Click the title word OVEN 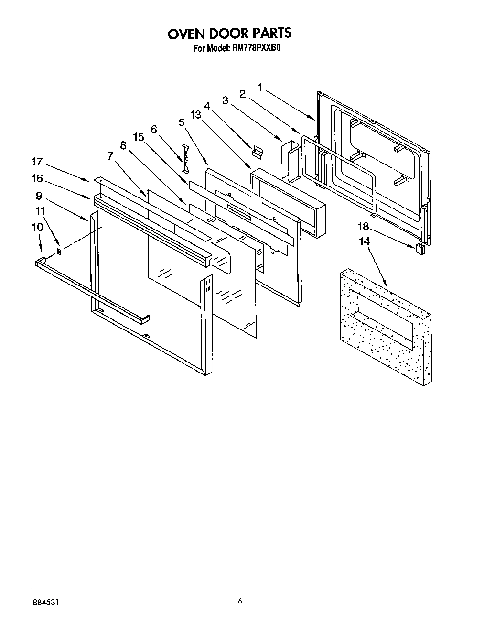click(x=187, y=33)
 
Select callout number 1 click(x=260, y=87)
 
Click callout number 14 click(x=365, y=241)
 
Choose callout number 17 click(x=37, y=162)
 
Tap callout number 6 click(x=153, y=129)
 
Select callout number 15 click(x=138, y=137)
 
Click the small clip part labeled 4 click(x=258, y=152)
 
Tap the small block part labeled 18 click(x=420, y=248)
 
